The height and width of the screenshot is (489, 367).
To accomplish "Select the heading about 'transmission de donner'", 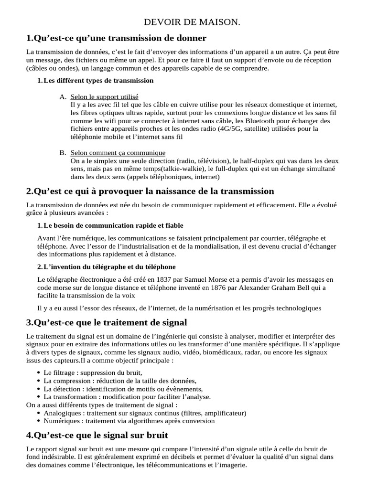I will (x=117, y=38).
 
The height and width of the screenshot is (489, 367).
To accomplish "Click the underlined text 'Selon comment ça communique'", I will (x=118, y=153).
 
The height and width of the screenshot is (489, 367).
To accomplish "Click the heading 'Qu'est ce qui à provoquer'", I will (x=150, y=191).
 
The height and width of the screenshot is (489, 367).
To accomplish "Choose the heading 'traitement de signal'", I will (x=107, y=322).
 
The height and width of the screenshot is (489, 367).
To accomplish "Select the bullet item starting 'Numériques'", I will (x=129, y=421).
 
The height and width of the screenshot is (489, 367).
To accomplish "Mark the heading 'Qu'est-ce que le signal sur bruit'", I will (x=97, y=436).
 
